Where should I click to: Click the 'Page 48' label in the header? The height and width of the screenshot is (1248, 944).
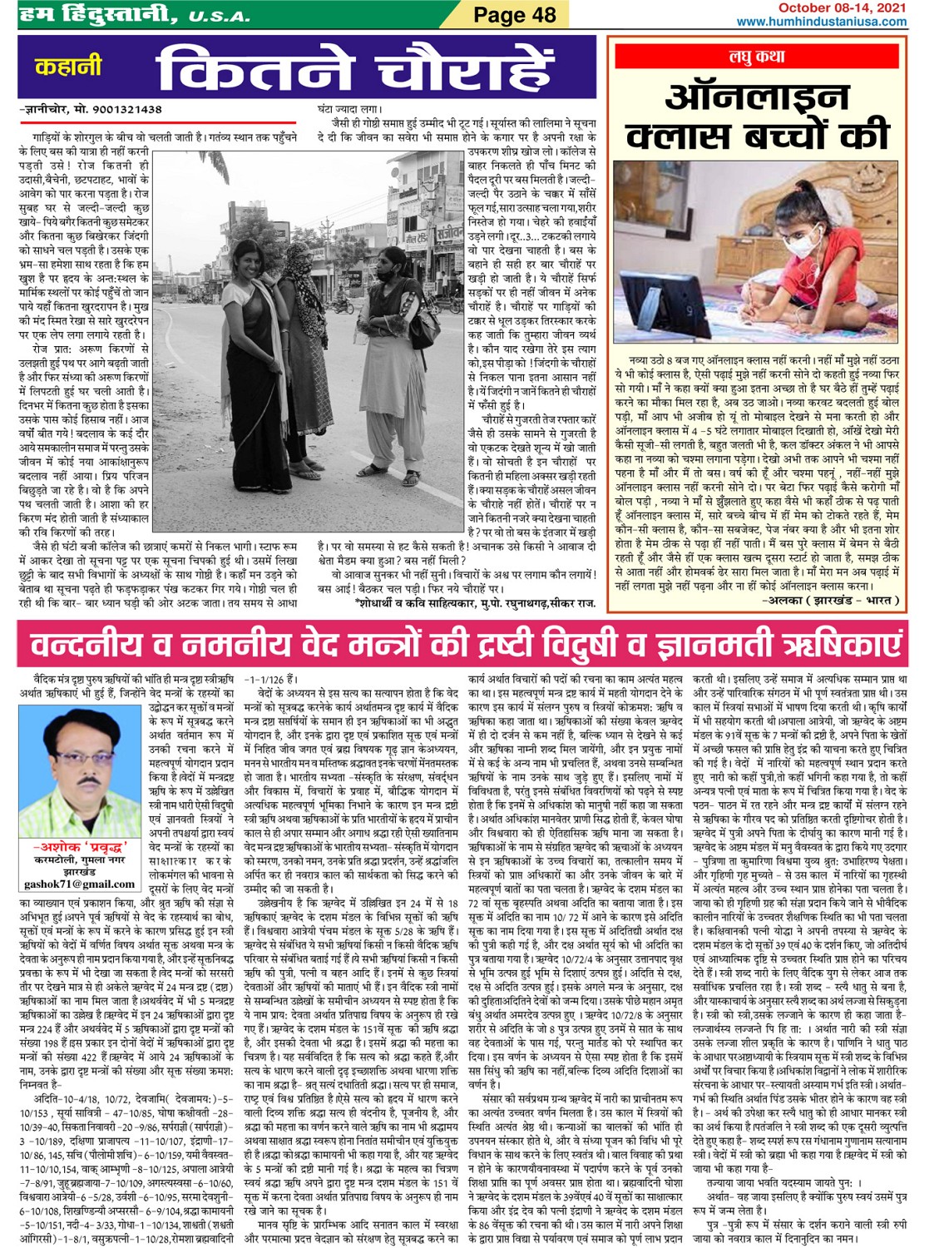tap(514, 15)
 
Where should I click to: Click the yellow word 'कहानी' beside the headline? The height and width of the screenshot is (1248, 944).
tap(68, 65)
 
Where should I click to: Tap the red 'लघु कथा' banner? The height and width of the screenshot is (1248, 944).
tap(757, 57)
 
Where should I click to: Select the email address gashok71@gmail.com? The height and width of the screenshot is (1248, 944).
tap(79, 884)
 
